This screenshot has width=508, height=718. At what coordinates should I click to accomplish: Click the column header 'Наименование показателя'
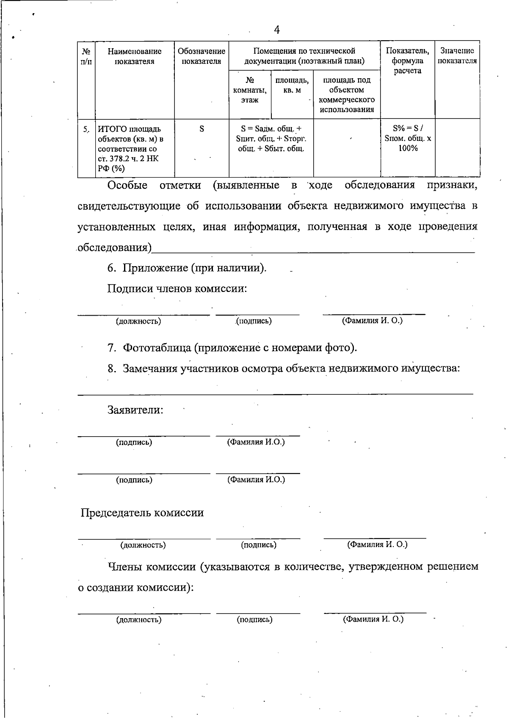[x=134, y=56]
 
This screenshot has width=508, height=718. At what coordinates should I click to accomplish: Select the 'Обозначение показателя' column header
[x=201, y=56]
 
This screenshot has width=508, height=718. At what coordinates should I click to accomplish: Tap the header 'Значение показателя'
[x=457, y=56]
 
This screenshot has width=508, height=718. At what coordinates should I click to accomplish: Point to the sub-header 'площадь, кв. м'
[x=292, y=85]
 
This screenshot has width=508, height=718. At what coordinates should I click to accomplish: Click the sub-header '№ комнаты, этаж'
[x=250, y=90]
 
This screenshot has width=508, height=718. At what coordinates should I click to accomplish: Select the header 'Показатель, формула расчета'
[x=407, y=61]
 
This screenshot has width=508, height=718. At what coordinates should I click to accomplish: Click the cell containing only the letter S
[x=202, y=129]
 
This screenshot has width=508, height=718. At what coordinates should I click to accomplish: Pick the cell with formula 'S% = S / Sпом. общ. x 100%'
[x=408, y=138]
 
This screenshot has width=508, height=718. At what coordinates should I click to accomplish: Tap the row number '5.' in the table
[x=86, y=129]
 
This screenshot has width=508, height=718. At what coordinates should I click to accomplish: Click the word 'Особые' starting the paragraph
[x=127, y=185]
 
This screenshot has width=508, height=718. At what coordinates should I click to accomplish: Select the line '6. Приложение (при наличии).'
[x=187, y=268]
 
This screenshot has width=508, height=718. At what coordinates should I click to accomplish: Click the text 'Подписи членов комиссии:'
[x=177, y=289]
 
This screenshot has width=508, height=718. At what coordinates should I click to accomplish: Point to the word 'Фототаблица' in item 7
[x=157, y=348]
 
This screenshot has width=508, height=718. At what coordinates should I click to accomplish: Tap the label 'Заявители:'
[x=135, y=410]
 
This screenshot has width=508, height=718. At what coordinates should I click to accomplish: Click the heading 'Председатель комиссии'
[x=142, y=513]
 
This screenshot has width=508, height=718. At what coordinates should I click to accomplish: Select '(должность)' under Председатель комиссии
[x=143, y=545]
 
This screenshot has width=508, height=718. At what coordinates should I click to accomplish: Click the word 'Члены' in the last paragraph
[x=124, y=567]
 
